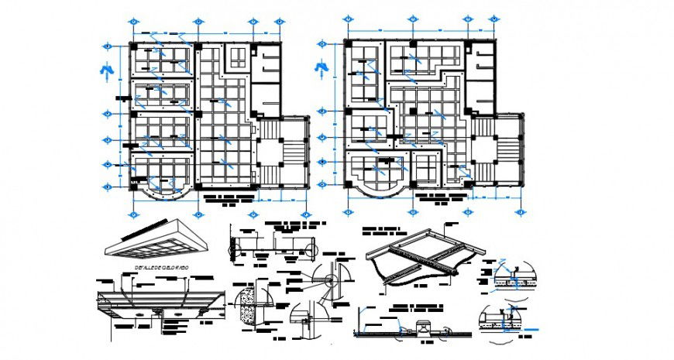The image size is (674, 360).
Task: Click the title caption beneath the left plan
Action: tap(226, 201)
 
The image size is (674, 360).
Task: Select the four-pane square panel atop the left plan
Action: tap(236, 57)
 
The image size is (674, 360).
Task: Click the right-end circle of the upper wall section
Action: tap(313, 252)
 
